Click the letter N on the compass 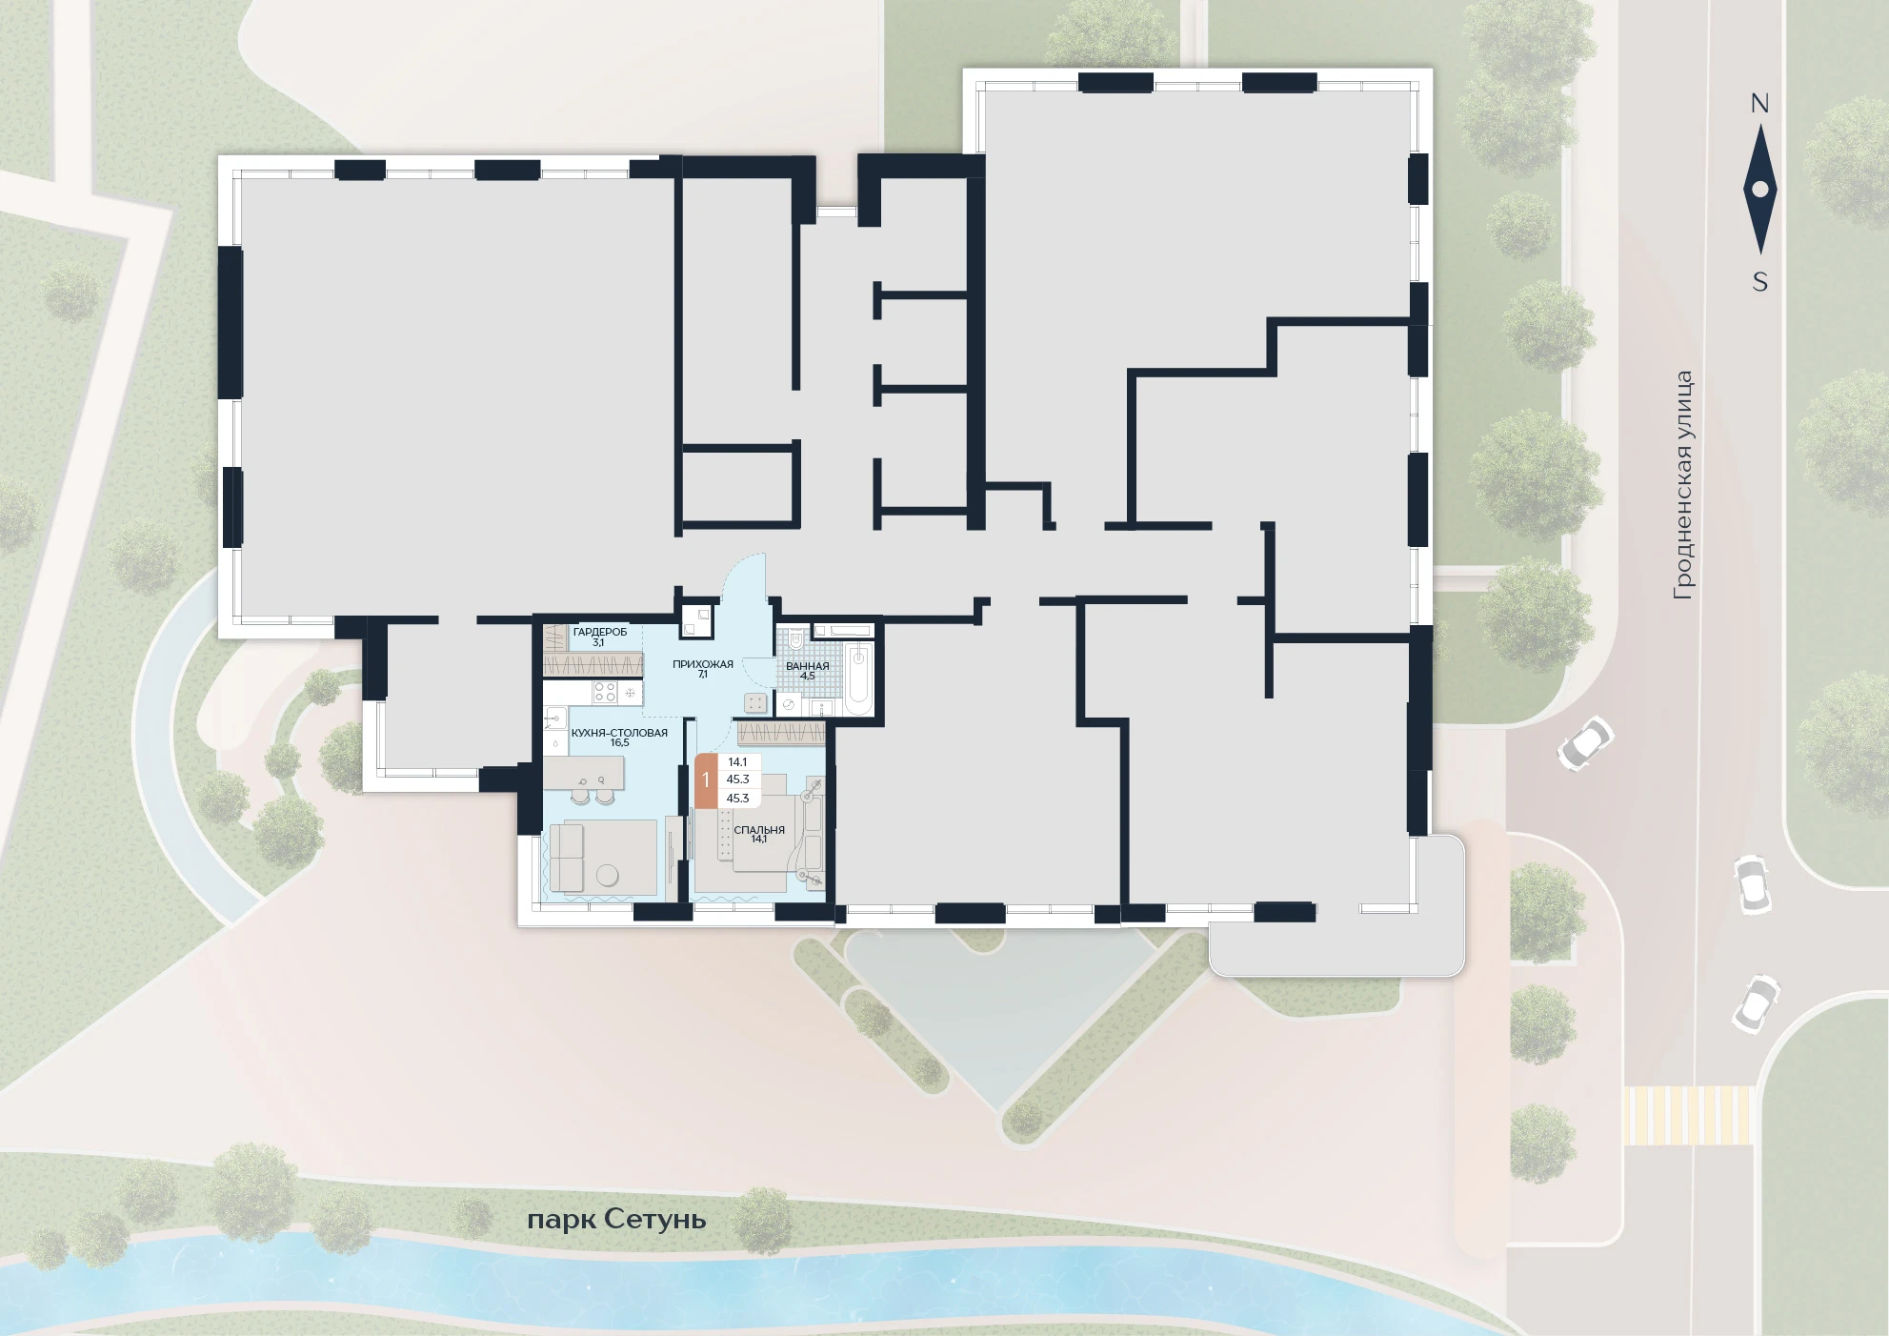click(1759, 104)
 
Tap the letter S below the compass click(1759, 282)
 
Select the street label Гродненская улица click(1683, 485)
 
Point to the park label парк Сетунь click(616, 1221)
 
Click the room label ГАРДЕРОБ click(600, 632)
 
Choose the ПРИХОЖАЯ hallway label click(703, 664)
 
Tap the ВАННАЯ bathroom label click(808, 666)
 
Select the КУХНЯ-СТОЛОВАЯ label click(619, 733)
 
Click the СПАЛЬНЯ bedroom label click(759, 830)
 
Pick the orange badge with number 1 click(706, 780)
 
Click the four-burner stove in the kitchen click(605, 693)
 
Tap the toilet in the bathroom click(796, 638)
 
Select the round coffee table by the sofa click(606, 875)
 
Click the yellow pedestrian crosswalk click(1688, 1115)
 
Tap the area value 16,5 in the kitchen click(619, 743)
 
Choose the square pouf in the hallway click(755, 703)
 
